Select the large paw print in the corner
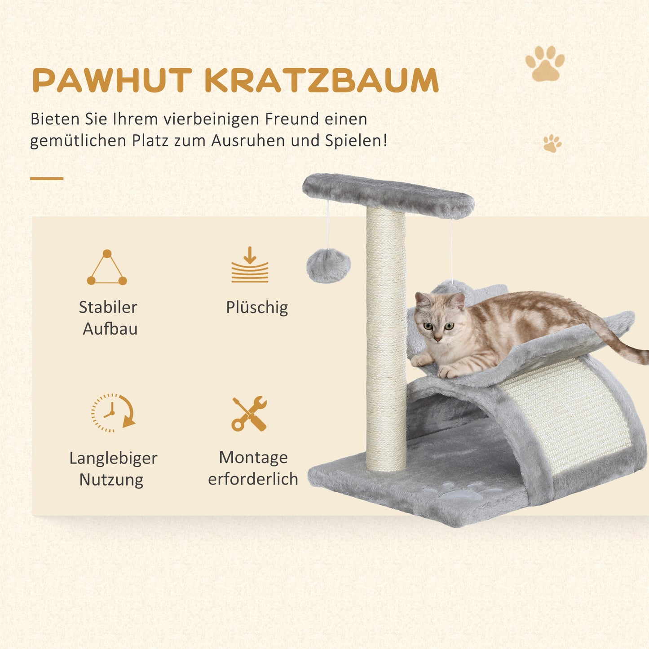(545, 63)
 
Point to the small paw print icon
(552, 144)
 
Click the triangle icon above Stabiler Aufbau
(107, 268)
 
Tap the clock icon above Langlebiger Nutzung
(113, 413)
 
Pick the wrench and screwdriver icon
(249, 414)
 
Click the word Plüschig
(257, 308)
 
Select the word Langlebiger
(113, 458)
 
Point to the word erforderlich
(253, 479)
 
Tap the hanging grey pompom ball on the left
(328, 266)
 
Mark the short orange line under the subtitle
(47, 178)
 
